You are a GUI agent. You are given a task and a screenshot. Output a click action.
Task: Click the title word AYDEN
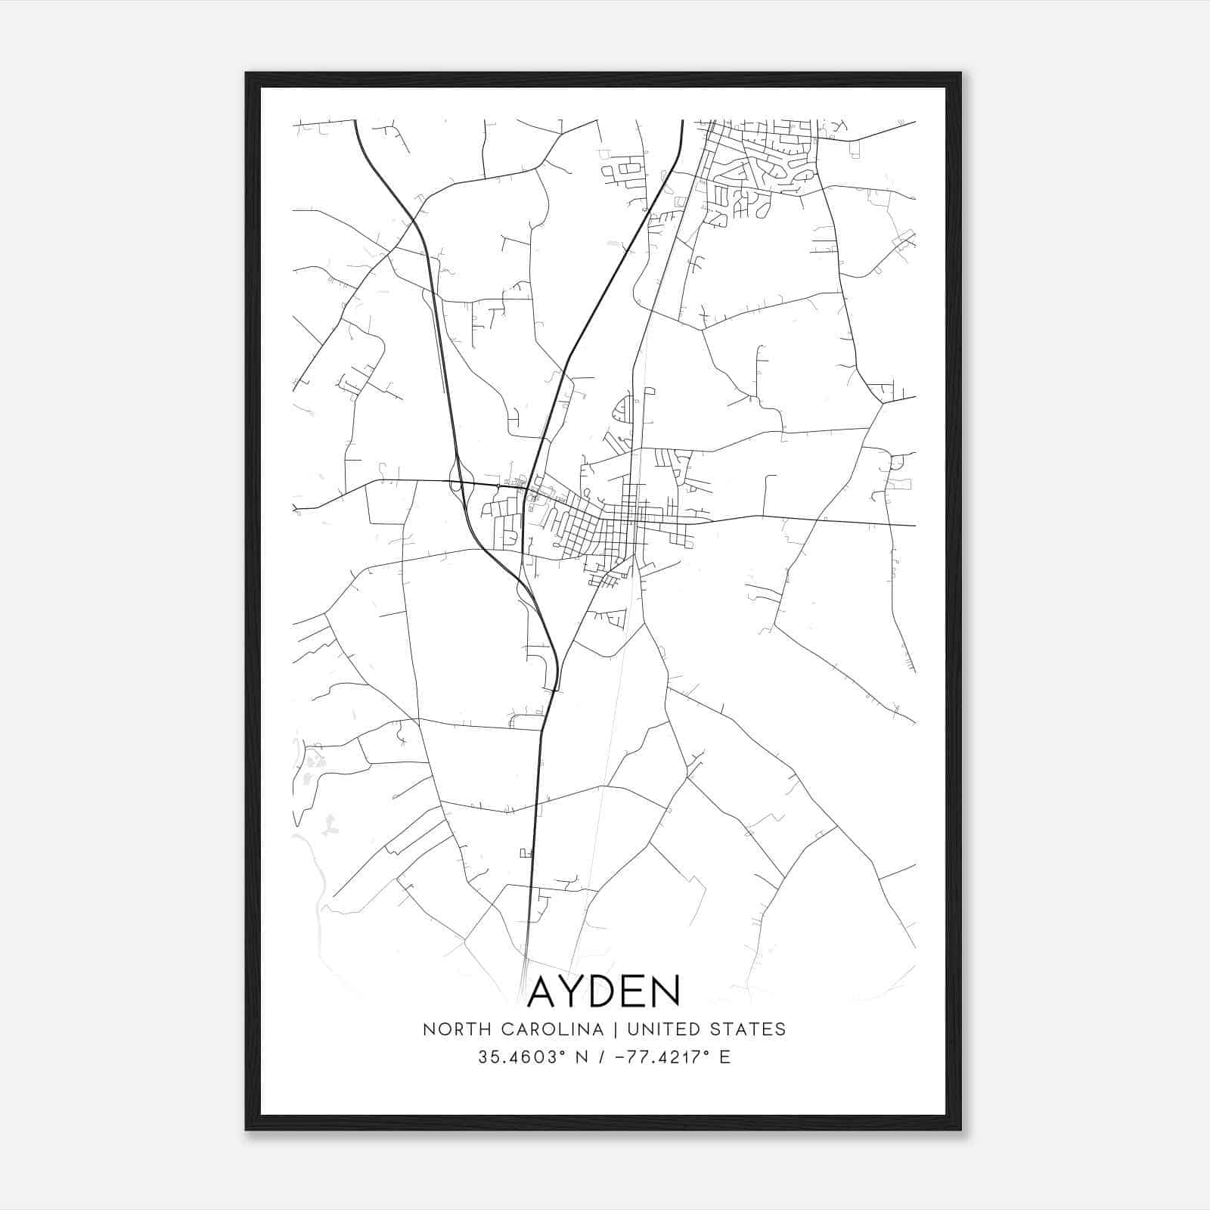point(603,991)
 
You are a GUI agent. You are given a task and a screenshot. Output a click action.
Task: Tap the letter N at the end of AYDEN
point(665,991)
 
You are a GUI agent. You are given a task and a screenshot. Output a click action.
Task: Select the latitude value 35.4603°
point(520,1057)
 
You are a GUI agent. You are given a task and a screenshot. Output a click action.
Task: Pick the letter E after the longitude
point(725,1057)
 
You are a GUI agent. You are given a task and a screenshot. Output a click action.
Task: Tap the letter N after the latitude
point(582,1057)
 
